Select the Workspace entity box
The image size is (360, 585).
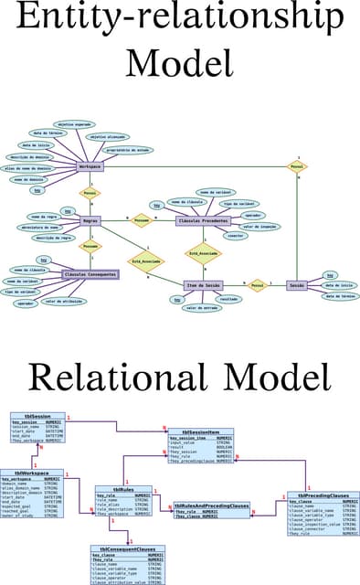pos(90,166)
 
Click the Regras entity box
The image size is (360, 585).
pos(90,220)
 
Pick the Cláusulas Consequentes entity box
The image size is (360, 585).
pos(90,273)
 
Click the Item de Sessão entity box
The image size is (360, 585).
pos(203,285)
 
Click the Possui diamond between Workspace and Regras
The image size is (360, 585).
pos(90,194)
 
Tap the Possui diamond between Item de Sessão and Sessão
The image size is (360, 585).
pos(257,285)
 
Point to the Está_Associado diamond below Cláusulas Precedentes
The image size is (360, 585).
pos(203,253)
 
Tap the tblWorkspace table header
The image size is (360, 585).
pos(32,473)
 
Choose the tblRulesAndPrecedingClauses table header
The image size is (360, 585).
pos(211,505)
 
